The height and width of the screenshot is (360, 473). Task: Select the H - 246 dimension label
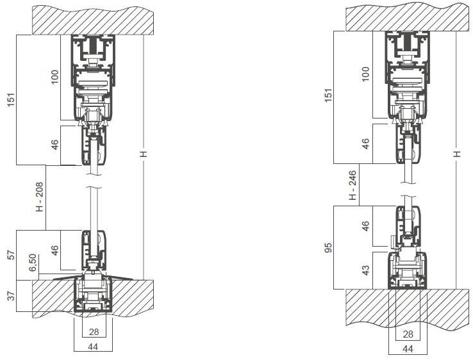(x=352, y=185)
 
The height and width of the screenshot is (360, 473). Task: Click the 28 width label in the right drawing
(x=407, y=334)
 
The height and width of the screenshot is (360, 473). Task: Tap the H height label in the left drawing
(x=144, y=154)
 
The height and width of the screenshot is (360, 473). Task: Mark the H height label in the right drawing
(x=456, y=154)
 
